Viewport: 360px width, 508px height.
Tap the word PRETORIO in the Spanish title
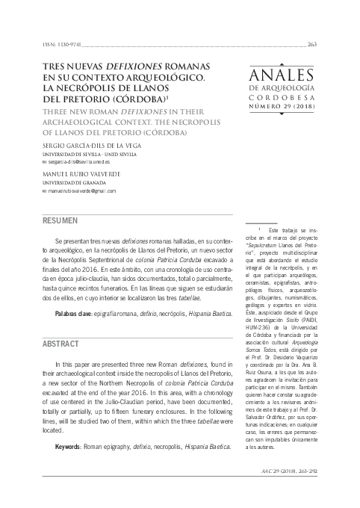(92, 98)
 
